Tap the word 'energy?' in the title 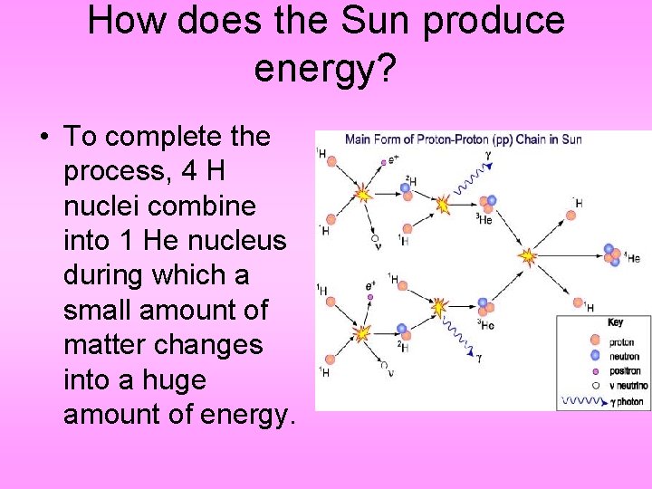point(325,68)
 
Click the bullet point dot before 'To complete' point(43,138)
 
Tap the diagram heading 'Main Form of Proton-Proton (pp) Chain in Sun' point(463,139)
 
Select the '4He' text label point(632,258)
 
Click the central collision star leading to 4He point(527,257)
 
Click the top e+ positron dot point(384,162)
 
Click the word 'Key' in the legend point(615,322)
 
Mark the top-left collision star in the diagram point(362,194)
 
